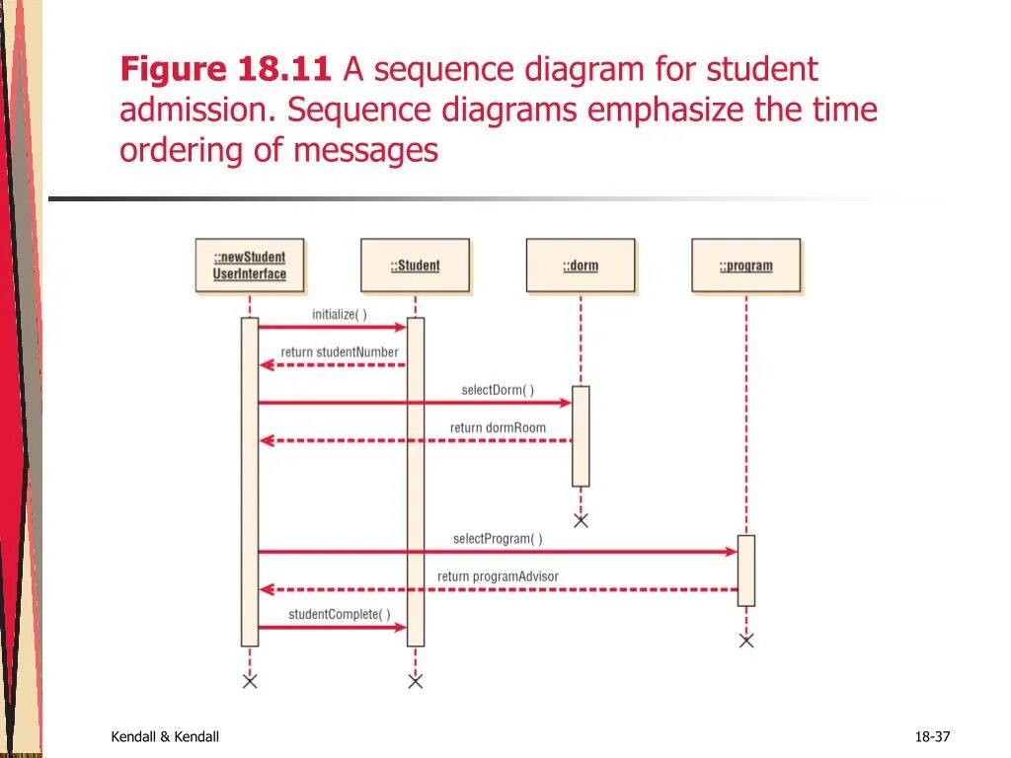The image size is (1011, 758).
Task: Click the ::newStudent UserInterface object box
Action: (x=249, y=265)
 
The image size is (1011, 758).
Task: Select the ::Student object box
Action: (x=415, y=265)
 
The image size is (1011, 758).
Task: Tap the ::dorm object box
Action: (x=581, y=265)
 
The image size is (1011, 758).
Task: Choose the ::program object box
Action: (x=745, y=265)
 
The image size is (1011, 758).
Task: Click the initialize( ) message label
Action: (x=340, y=315)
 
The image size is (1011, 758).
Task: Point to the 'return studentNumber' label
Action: (x=340, y=352)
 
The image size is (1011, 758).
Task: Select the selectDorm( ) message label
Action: (x=498, y=390)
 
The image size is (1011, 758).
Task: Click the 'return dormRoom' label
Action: (x=498, y=428)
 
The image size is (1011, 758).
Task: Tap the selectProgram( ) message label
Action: (x=498, y=539)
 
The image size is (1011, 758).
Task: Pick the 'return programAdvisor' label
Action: (x=498, y=576)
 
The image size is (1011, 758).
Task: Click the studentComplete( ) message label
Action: (x=340, y=614)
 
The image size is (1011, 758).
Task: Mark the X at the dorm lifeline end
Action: (x=581, y=520)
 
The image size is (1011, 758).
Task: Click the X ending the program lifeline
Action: (x=746, y=641)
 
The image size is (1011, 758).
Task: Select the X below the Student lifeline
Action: (x=416, y=681)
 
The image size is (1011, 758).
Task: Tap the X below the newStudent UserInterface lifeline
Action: (x=250, y=681)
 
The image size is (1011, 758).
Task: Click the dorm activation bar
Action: (x=581, y=435)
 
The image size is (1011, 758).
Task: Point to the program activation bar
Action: (x=746, y=570)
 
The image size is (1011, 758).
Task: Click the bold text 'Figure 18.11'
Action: (x=225, y=70)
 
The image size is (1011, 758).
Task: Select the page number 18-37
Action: (x=932, y=737)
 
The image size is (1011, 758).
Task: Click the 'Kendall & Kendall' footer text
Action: (x=165, y=737)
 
